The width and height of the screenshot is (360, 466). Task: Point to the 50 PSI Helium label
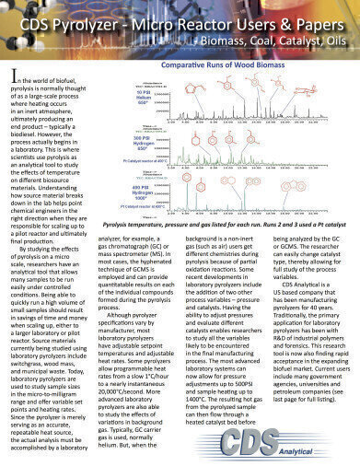[x=144, y=99]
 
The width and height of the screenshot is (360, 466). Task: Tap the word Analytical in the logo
[x=319, y=451]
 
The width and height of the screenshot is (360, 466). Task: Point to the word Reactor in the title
[x=207, y=20]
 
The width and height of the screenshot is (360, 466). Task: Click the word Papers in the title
[x=309, y=20]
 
